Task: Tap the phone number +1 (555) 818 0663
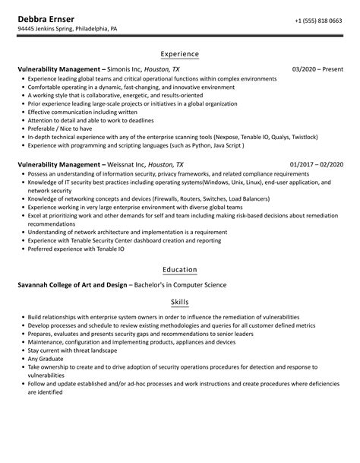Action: coord(318,21)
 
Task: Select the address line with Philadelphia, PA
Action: coord(68,30)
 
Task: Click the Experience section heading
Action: coord(180,54)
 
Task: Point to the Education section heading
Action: coord(180,269)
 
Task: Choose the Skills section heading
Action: coord(180,301)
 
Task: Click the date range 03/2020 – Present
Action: coord(317,68)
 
